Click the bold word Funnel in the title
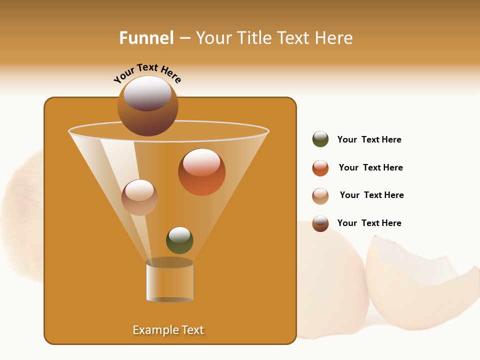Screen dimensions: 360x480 146,38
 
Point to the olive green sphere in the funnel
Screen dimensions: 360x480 179,241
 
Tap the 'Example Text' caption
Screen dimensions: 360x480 168,330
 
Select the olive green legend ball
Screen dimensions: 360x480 320,139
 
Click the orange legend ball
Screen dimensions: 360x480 320,168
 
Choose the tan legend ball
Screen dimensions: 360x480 320,196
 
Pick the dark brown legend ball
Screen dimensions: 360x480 320,223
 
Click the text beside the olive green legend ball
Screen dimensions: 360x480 369,140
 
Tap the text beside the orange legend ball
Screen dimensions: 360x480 370,168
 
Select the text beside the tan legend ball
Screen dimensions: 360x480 371,195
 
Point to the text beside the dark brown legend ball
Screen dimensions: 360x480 369,223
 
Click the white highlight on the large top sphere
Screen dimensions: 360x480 147,92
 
